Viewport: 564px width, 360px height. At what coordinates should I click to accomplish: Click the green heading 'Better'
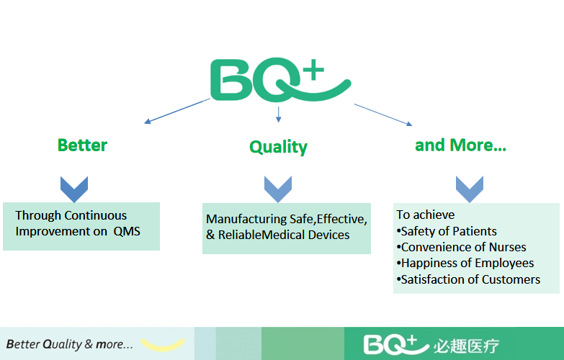pos(82,145)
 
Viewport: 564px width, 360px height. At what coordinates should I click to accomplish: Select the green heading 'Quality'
pos(278,147)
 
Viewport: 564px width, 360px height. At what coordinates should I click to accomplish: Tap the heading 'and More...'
pos(460,145)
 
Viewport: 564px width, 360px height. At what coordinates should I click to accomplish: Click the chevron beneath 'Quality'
pos(277,189)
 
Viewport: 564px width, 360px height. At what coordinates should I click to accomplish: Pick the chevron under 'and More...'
pos(469,189)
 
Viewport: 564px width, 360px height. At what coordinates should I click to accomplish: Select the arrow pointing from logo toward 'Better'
pos(177,111)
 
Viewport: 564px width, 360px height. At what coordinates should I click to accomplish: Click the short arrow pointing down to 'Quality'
pos(278,113)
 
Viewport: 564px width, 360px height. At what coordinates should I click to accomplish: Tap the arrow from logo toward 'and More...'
pos(382,114)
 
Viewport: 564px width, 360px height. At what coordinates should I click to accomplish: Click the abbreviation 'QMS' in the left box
pos(127,232)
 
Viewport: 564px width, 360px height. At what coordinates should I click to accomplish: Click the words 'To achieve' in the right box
pos(426,215)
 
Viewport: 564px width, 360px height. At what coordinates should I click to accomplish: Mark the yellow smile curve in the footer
pos(162,344)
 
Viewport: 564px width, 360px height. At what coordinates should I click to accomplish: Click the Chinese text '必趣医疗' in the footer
pos(466,345)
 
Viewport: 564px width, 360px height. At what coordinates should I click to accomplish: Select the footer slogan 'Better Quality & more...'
pos(70,344)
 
